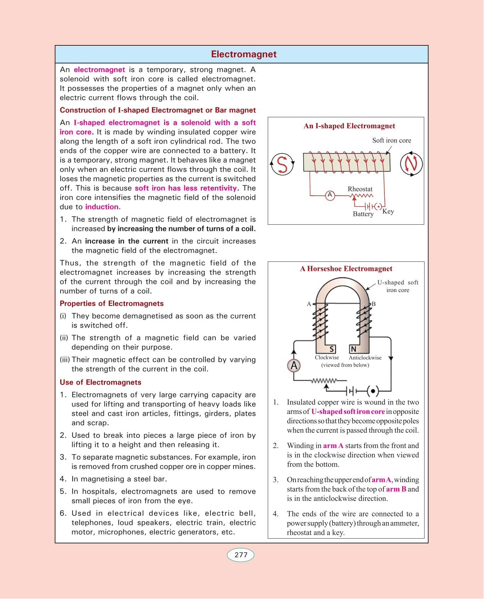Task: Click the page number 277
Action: point(241,555)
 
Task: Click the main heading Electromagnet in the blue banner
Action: point(244,54)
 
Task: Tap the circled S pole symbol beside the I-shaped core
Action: point(282,164)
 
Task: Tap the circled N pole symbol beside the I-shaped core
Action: point(411,164)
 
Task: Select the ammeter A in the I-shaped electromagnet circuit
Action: point(330,195)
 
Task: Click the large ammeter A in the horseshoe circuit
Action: point(294,365)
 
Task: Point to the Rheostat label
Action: point(360,189)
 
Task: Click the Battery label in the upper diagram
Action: point(363,214)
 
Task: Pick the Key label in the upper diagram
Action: point(388,212)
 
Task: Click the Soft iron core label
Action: point(392,140)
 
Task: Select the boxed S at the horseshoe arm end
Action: point(332,349)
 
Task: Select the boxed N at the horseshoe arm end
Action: point(353,349)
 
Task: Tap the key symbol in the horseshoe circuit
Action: point(373,391)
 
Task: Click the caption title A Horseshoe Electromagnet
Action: point(346,269)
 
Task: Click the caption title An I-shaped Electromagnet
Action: point(349,126)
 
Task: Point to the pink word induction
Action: point(102,207)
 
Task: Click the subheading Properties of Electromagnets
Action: point(112,303)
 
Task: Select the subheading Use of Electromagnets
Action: point(100,382)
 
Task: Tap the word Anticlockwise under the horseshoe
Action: point(365,358)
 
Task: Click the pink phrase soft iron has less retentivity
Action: point(186,188)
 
